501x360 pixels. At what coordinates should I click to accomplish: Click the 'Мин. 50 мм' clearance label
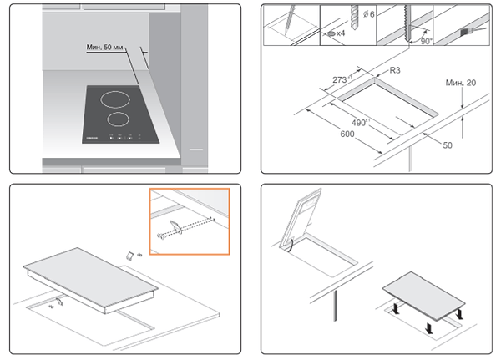(107, 48)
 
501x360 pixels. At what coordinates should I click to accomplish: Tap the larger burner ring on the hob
(118, 99)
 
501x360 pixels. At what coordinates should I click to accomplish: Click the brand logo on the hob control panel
(93, 135)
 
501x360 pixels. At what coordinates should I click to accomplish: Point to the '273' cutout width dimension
(340, 80)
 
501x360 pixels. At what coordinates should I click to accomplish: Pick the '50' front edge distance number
(447, 145)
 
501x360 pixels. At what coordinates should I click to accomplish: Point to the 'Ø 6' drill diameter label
(362, 15)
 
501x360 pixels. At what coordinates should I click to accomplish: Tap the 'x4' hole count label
(342, 34)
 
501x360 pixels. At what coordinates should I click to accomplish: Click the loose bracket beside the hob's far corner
(129, 255)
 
